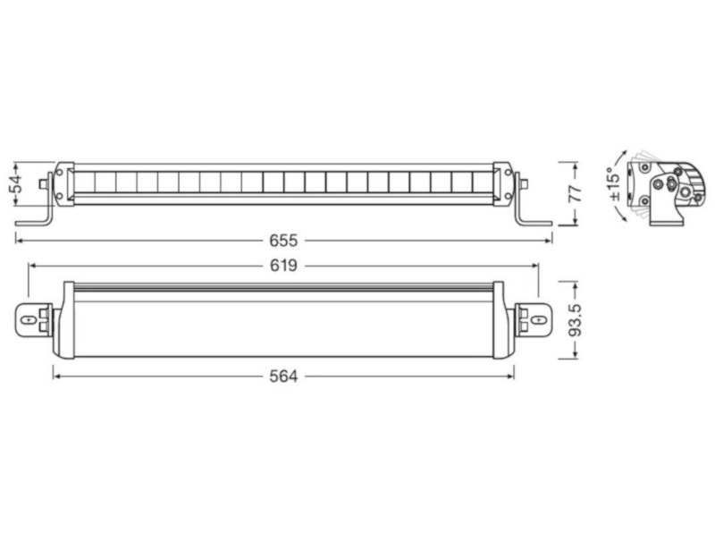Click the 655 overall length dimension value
283,240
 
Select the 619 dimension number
283,265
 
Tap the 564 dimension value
283,377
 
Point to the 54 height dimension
15,184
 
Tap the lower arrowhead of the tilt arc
634,215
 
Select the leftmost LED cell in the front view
83,182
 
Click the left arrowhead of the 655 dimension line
18,240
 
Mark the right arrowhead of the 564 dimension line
511,377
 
